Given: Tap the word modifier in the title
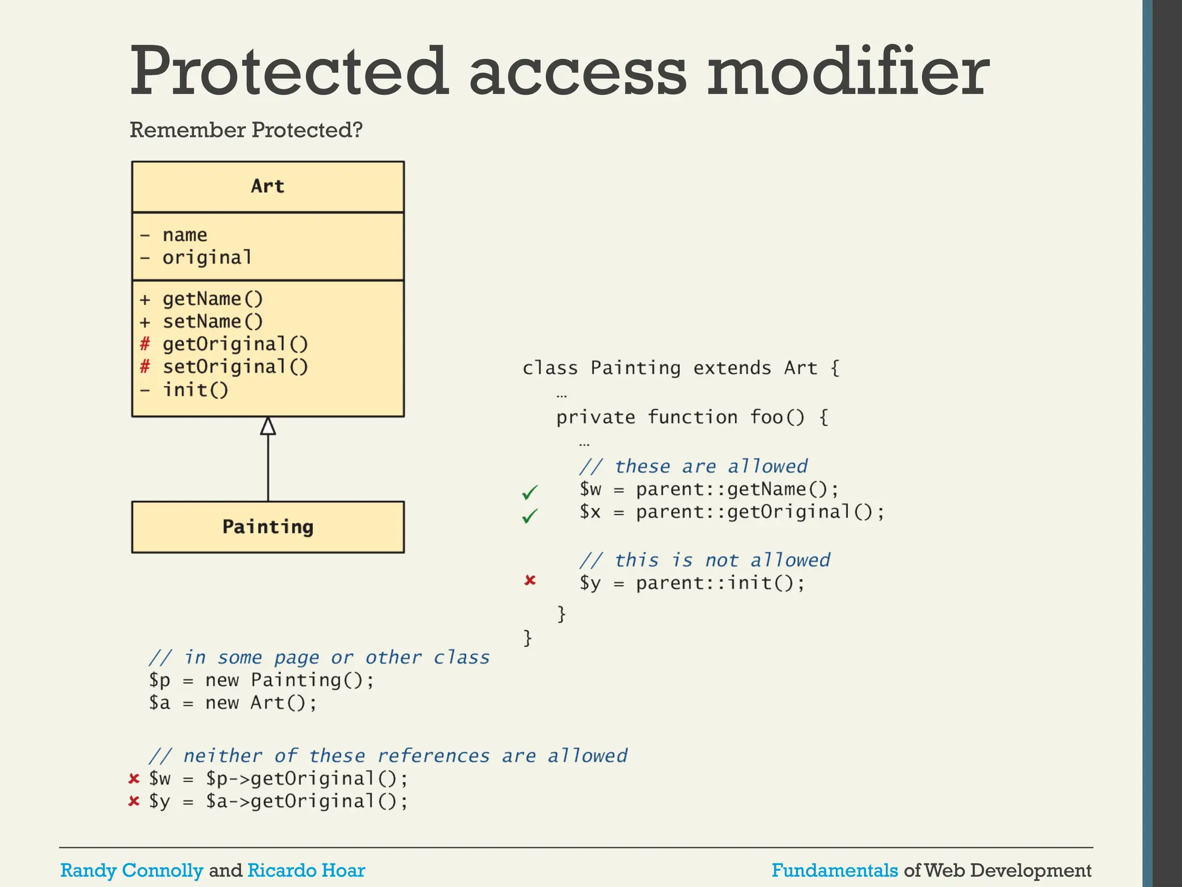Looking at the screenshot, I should click(848, 72).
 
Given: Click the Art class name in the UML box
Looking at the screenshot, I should click(268, 187).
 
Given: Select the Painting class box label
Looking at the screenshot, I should click(268, 527).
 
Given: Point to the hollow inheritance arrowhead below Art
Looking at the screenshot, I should click(268, 427).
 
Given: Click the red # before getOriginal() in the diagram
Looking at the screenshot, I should click(145, 344).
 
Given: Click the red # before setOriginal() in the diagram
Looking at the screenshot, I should click(145, 367).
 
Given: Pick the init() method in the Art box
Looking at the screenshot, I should click(195, 390).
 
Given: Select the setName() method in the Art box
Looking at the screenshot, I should click(212, 322).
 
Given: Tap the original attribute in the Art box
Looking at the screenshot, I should click(207, 258).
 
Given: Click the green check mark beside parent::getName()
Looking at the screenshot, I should click(530, 492).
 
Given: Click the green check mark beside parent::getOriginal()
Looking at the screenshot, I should click(530, 515).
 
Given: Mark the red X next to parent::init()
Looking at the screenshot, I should click(530, 580).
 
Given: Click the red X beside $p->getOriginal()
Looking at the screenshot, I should click(134, 779).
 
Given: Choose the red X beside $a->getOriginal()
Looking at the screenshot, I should click(134, 802).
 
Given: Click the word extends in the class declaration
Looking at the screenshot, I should click(732, 368).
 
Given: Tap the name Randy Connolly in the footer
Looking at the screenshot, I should click(132, 870).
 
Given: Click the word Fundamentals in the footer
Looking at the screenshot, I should click(835, 870).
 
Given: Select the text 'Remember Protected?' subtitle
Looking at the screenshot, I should click(246, 130).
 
